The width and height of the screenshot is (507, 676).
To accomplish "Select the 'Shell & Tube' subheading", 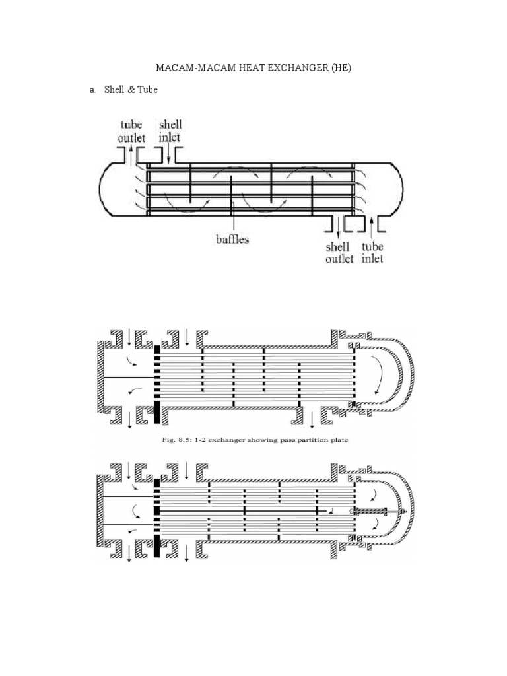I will pyautogui.click(x=131, y=90).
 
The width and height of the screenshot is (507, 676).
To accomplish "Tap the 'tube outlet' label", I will pyautogui.click(x=131, y=131).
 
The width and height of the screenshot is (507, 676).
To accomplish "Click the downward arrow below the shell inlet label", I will pyautogui.click(x=170, y=155).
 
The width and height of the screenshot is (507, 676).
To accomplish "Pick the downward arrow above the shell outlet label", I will pyautogui.click(x=339, y=227).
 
